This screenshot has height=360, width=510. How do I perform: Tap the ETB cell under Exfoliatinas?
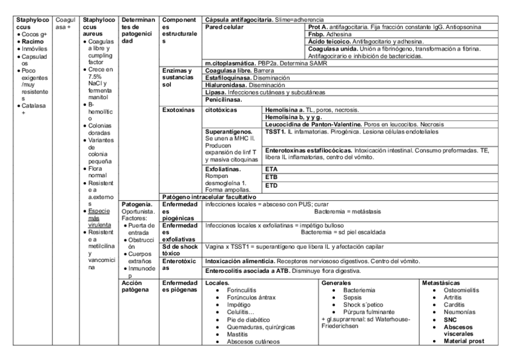(x=271, y=177)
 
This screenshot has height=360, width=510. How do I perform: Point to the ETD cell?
(x=271, y=186)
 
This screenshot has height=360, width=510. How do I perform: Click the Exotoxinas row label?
(x=179, y=111)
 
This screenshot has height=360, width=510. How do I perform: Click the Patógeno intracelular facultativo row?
(x=210, y=197)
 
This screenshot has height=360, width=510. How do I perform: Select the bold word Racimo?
(x=28, y=41)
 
